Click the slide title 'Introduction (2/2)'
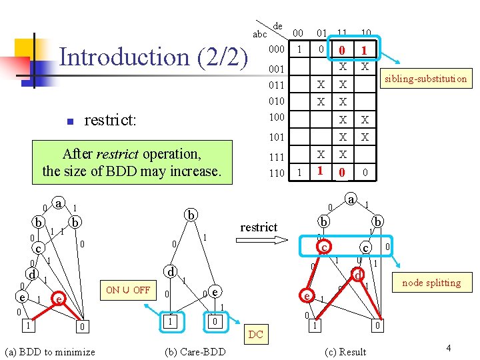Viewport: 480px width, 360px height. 153,57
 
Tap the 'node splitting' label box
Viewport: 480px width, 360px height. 431,283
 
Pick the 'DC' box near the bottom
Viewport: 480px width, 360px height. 255,335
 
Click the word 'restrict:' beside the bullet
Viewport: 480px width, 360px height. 110,120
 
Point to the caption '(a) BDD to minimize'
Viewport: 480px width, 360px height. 50,351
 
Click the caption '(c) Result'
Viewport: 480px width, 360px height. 344,351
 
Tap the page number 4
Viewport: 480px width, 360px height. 449,348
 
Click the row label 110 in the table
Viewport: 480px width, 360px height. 276,173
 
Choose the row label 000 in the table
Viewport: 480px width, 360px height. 276,49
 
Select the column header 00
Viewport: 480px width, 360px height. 299,33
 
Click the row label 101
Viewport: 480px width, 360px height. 276,137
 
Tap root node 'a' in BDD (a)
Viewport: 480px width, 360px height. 59,203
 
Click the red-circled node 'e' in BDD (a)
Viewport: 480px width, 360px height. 59,300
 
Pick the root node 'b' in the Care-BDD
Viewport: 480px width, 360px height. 191,215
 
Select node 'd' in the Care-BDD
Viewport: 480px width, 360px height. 171,271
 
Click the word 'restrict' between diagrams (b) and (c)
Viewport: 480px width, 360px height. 259,227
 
